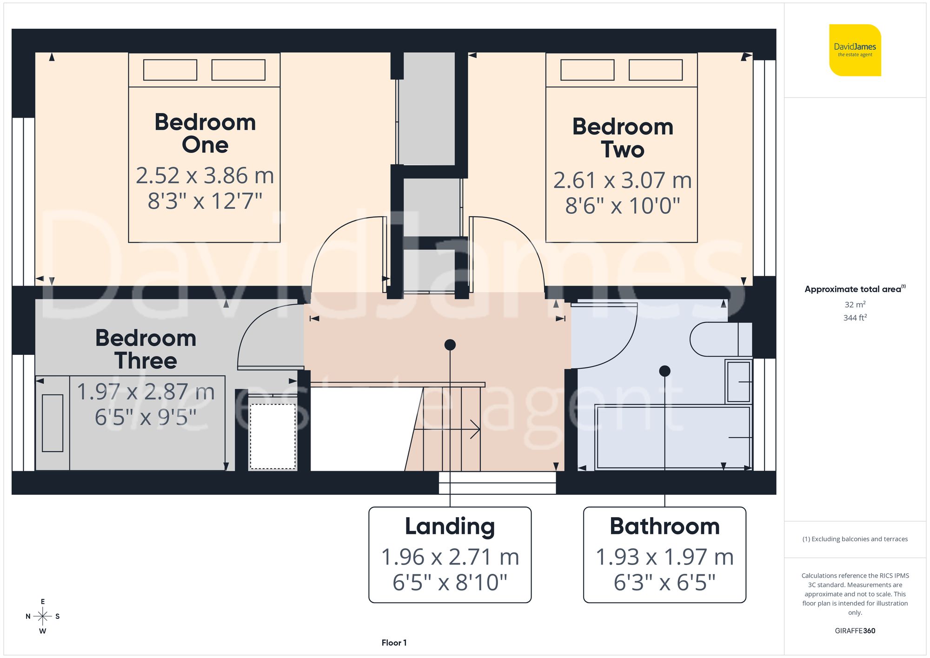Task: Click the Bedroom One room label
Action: pos(205,133)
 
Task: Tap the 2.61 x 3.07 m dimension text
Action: pos(622,180)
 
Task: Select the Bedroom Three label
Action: pos(146,349)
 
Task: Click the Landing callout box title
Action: pos(450,526)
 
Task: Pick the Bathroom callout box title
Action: pos(664,526)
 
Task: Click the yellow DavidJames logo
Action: pos(855,50)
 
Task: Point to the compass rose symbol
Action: pos(42,617)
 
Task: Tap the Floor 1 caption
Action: pos(394,643)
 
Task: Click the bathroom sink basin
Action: pos(738,382)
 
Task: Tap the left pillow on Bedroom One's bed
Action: pos(170,70)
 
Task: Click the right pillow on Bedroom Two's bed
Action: pos(656,70)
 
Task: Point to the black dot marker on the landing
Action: pos(450,345)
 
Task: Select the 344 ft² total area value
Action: pos(855,318)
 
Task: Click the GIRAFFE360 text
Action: pos(855,631)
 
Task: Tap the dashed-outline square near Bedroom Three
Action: pos(273,436)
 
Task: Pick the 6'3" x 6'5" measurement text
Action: pos(664,583)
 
